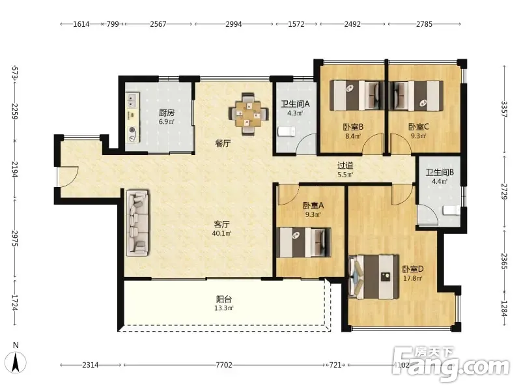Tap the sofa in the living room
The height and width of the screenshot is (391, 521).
(x=138, y=223)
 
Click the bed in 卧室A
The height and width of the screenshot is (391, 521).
(x=303, y=242)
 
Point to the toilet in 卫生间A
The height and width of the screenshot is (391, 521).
(x=287, y=132)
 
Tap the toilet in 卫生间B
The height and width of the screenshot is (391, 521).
(x=451, y=210)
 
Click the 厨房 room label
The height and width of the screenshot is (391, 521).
(x=167, y=113)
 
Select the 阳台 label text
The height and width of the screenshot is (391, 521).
(x=223, y=299)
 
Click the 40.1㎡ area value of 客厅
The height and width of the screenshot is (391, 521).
(x=221, y=233)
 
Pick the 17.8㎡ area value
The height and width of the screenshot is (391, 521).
(x=413, y=278)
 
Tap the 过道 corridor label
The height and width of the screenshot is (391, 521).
(x=345, y=166)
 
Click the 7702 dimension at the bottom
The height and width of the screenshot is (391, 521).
(x=224, y=365)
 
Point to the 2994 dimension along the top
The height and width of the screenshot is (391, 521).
(x=234, y=24)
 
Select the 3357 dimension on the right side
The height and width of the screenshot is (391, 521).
(x=504, y=109)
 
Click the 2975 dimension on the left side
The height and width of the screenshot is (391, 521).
(x=14, y=239)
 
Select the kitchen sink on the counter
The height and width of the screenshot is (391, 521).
(x=132, y=100)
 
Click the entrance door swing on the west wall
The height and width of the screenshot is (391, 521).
(x=68, y=176)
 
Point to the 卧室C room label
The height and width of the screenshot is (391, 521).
(x=418, y=126)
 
